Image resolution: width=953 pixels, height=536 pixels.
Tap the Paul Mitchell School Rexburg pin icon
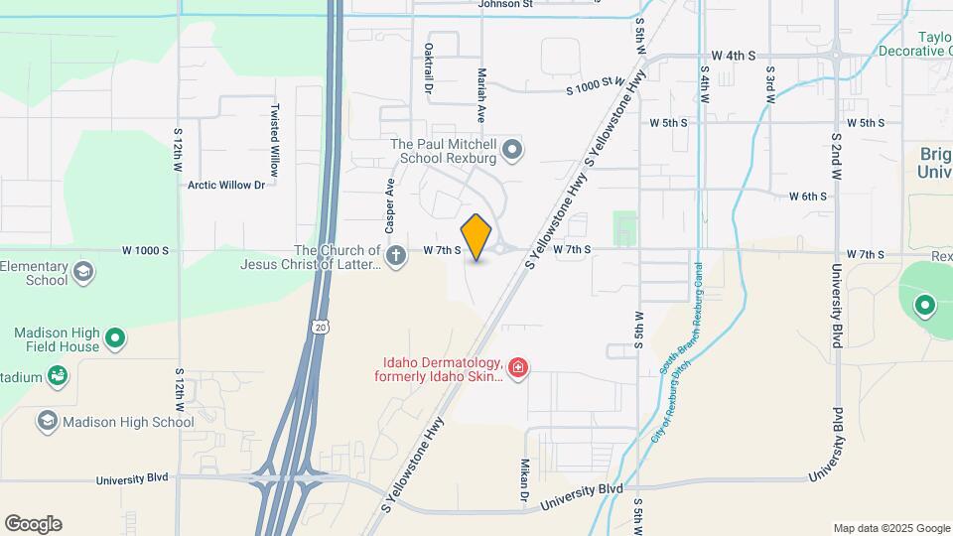pos(512,150)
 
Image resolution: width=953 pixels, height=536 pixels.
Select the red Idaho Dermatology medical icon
pos(517,369)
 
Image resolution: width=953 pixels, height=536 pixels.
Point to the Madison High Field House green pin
pos(115,338)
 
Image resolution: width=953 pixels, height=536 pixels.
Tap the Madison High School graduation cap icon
pos(47,422)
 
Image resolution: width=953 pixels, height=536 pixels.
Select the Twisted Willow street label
pos(275,139)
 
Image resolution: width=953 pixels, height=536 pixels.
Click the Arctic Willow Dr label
pos(226,184)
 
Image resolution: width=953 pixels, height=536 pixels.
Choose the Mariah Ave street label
pos(481,86)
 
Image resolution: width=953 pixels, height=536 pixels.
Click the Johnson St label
pos(505,4)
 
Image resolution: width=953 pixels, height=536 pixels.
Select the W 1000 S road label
pos(147,250)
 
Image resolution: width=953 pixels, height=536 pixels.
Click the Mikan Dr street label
pos(524,480)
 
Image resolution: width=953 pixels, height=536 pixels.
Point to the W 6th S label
pos(808,197)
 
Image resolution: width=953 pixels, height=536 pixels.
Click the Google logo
pos(33,524)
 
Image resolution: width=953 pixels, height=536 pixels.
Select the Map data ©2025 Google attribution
pos(890,528)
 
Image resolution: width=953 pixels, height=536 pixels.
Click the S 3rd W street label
pos(769,80)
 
